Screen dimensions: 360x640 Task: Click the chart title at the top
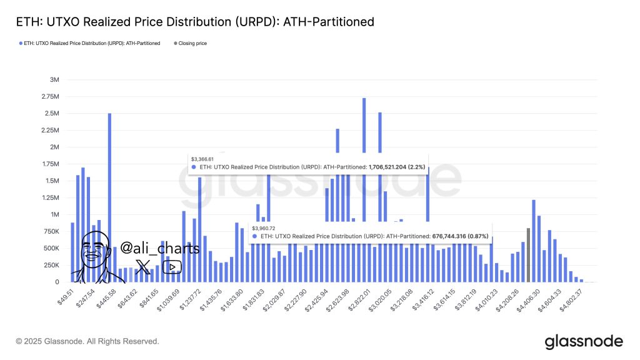tap(195, 22)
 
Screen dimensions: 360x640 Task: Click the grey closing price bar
tap(528, 255)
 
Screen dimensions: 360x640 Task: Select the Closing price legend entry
tap(192, 43)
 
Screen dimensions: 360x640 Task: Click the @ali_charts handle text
tap(159, 248)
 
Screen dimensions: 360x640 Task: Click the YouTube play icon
tap(172, 267)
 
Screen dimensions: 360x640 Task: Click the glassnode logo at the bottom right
tap(584, 341)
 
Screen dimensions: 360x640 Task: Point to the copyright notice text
tap(87, 341)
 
